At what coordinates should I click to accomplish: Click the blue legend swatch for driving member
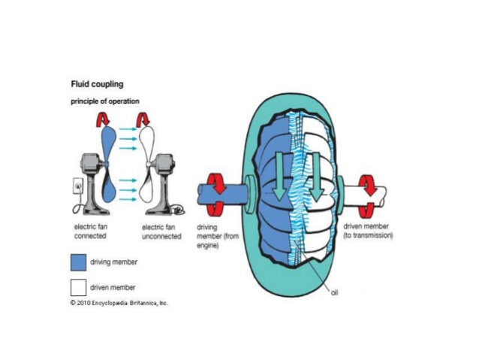(78, 262)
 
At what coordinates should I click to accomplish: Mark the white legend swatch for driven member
(78, 286)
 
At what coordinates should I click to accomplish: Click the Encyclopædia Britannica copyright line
(119, 303)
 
